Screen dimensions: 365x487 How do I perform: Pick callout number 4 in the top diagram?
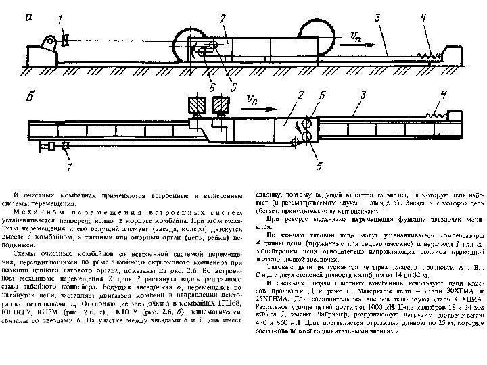[x=423, y=18]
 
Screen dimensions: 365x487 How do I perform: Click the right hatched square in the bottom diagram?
[x=221, y=103]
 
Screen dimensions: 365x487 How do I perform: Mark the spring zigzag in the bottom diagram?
[x=437, y=116]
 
